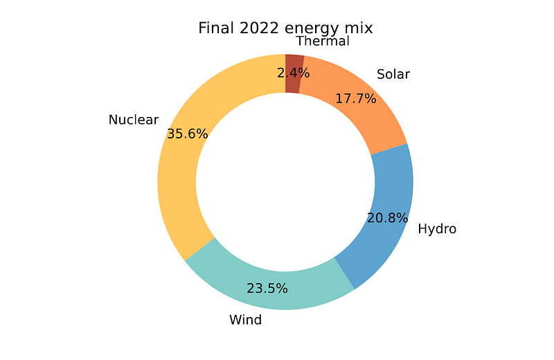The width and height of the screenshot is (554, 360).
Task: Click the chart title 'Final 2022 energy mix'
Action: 285,28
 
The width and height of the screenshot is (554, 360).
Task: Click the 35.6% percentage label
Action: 187,134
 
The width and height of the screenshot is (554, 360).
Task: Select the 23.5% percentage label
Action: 267,288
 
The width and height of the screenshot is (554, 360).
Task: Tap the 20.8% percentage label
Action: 387,218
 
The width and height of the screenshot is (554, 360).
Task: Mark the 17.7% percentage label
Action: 355,98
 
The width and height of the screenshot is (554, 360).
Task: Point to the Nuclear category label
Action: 134,120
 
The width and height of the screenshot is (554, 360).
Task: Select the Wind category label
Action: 245,320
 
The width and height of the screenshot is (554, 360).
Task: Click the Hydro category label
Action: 437,228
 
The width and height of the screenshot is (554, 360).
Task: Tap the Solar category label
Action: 393,74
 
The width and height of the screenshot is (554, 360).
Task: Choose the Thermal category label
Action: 323,41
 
